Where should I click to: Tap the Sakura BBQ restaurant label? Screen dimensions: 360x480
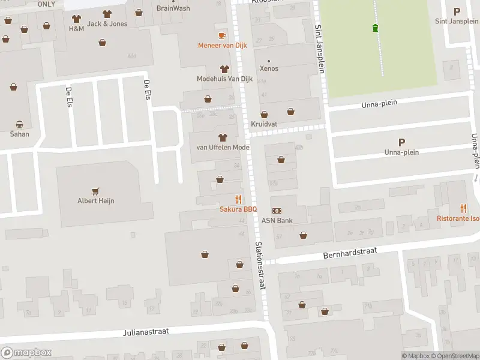click(x=238, y=209)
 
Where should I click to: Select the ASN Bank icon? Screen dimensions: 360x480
click(x=277, y=211)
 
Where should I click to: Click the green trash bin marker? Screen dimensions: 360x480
click(x=376, y=28)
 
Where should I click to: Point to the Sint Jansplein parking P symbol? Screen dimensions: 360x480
click(x=457, y=11)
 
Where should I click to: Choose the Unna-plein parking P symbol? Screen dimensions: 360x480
click(x=401, y=142)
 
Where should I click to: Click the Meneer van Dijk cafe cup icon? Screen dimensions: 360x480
click(x=223, y=35)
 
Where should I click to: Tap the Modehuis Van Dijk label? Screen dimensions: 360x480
click(x=224, y=79)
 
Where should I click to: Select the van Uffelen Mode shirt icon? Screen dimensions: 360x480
click(x=223, y=137)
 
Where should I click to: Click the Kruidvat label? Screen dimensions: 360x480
click(x=265, y=124)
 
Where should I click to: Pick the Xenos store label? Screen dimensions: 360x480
click(x=269, y=68)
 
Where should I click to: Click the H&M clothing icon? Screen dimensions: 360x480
click(x=76, y=19)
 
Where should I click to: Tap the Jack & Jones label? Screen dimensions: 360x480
click(x=107, y=23)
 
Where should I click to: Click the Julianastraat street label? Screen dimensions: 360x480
click(x=146, y=331)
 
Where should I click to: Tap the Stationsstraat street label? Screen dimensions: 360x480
click(x=260, y=266)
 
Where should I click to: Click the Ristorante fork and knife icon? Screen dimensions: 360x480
click(x=463, y=208)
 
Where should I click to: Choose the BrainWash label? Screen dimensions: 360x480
click(x=173, y=8)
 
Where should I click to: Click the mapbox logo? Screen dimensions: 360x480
click(x=26, y=353)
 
